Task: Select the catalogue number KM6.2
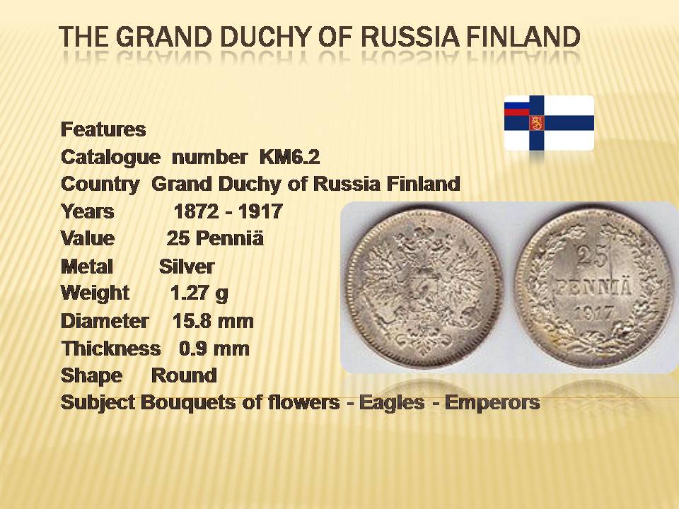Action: (x=290, y=157)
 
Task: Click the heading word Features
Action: (x=103, y=129)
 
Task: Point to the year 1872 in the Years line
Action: (x=196, y=211)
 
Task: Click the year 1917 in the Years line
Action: (x=260, y=211)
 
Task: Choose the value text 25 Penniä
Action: (x=215, y=238)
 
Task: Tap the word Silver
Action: (x=187, y=267)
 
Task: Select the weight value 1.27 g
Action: (x=199, y=294)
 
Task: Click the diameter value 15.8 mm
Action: (x=213, y=321)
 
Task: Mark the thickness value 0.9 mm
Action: (x=214, y=349)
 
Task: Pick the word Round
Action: (x=184, y=375)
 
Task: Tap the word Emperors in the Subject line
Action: (x=492, y=403)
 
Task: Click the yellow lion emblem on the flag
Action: (x=536, y=123)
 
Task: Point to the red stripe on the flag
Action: (x=516, y=112)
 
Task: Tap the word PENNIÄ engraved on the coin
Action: (x=593, y=288)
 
